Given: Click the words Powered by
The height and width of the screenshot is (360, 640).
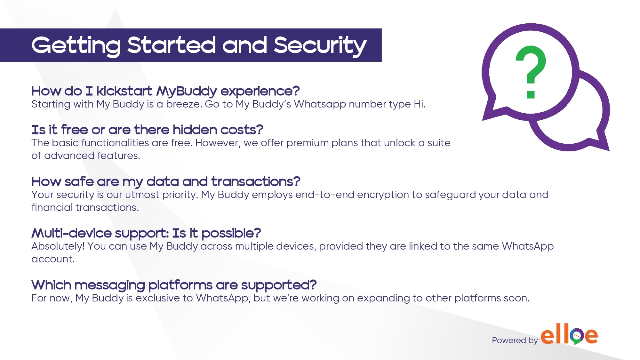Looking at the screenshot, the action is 515,340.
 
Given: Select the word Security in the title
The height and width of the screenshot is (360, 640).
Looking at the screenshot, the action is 320,45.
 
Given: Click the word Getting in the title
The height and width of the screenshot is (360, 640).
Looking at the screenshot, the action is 76,46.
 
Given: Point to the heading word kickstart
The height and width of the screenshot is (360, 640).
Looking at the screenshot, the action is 124,91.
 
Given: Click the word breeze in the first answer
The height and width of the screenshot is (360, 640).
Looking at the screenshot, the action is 183,104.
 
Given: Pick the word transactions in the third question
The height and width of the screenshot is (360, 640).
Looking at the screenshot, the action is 256,182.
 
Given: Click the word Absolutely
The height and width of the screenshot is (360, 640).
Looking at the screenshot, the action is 58,246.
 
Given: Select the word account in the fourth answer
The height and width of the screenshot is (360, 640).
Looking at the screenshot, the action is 53,259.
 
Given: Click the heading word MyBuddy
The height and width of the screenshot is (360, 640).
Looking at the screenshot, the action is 187,92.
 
